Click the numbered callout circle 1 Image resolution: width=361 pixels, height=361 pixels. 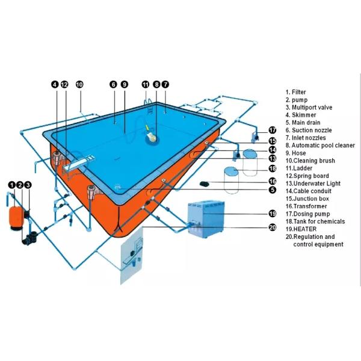click(x=11, y=185)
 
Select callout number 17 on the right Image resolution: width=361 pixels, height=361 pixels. click(x=272, y=130)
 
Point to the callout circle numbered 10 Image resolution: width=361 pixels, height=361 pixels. click(x=79, y=84)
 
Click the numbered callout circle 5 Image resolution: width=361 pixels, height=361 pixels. click(x=272, y=190)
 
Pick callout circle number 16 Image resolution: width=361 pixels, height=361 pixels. click(x=272, y=180)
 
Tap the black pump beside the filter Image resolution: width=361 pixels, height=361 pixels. click(x=28, y=236)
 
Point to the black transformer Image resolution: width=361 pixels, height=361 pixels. click(x=205, y=182)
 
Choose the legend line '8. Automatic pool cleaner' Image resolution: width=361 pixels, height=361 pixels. click(x=320, y=145)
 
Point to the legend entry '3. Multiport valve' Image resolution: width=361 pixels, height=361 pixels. click(x=309, y=107)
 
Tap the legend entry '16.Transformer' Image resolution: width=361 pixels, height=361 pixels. click(x=306, y=206)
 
